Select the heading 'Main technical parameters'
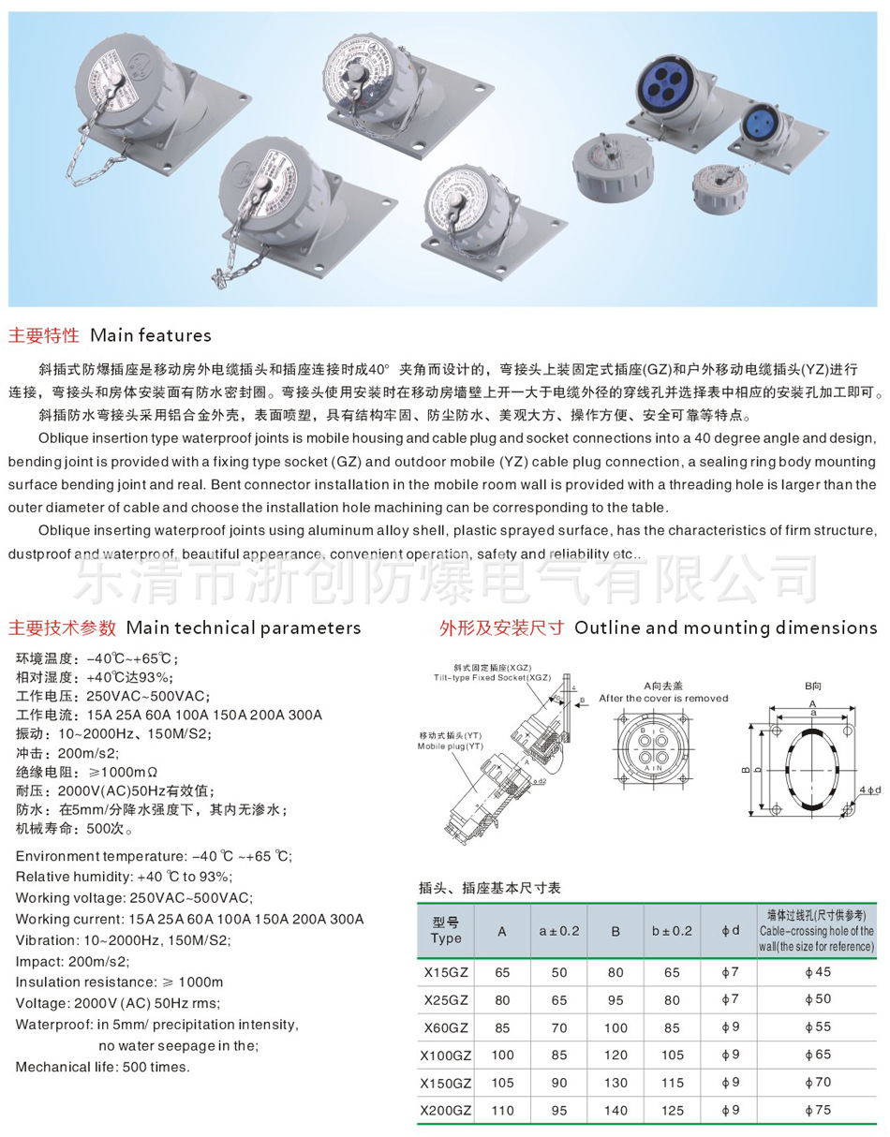pos(243,628)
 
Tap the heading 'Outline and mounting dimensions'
pos(725,628)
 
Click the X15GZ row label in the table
pos(446,972)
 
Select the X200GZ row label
pos(446,1112)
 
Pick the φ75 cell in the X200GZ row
pos(817,1112)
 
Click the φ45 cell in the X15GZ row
pos(817,972)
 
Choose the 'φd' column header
pos(731,931)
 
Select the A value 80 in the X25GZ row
pos(502,999)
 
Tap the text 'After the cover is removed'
pos(663,698)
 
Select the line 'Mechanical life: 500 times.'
pos(102,1067)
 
